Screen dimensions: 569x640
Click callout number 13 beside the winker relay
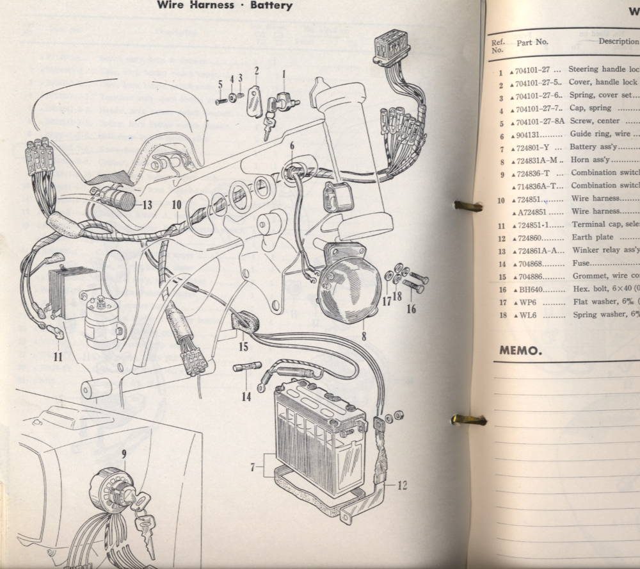click(x=147, y=205)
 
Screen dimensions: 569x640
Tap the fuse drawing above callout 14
click(x=246, y=369)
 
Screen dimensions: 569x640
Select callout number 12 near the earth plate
click(x=402, y=485)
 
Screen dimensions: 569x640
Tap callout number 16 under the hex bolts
click(x=411, y=308)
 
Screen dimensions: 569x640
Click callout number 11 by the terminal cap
click(x=58, y=357)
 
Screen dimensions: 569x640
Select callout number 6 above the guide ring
click(x=292, y=145)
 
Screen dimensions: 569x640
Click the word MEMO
click(x=520, y=350)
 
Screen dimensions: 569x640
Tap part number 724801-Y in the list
click(x=539, y=147)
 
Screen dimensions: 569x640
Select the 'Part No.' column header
click(x=532, y=42)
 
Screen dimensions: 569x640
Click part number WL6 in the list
click(x=530, y=315)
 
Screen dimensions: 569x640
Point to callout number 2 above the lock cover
click(x=256, y=70)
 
